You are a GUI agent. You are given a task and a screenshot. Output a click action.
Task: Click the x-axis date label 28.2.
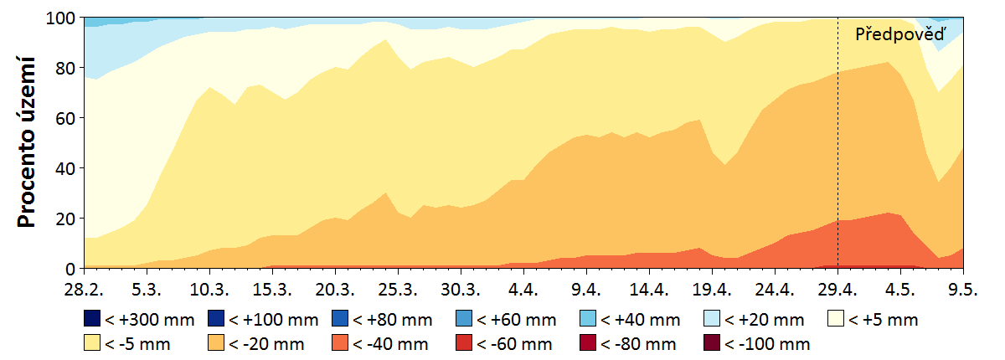[x=85, y=288]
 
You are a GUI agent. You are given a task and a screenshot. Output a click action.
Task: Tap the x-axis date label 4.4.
[x=523, y=288]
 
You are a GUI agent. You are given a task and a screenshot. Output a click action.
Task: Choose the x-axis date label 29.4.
[x=837, y=288]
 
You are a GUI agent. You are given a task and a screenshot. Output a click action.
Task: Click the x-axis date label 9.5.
[x=963, y=288]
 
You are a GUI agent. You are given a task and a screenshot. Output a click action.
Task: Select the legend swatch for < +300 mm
[x=92, y=319]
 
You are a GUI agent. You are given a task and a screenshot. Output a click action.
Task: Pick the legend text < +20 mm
[x=765, y=319]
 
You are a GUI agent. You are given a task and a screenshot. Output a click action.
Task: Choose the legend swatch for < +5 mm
[x=837, y=319]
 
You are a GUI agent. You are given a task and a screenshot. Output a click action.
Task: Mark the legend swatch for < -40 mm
[x=340, y=343]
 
